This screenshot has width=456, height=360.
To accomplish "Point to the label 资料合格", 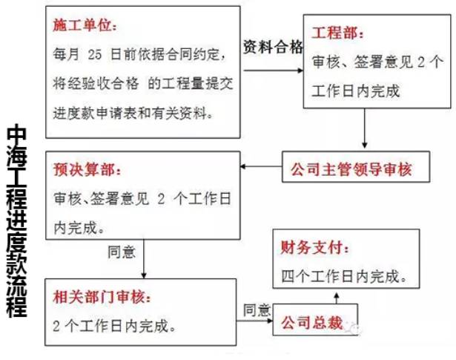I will coord(273,48).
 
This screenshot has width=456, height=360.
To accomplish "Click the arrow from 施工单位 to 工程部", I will coord(273,70).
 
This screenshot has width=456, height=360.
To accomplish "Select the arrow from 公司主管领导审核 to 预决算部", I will coord(261,169).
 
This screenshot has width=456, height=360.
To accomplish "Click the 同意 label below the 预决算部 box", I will coord(122,252).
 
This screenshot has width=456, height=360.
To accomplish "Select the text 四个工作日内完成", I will coord(343,277).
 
